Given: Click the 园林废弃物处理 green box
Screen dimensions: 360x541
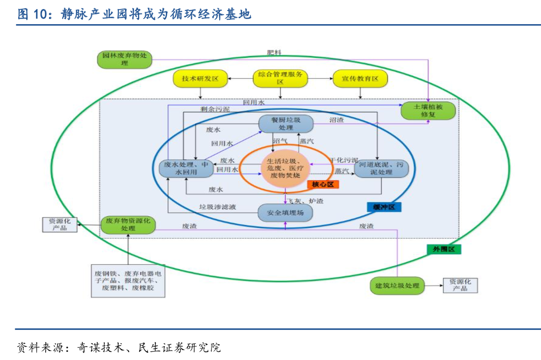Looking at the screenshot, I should click(x=124, y=59).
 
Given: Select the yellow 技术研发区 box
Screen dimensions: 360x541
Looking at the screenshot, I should click(x=200, y=79).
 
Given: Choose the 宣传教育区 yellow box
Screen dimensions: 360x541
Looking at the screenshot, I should click(x=360, y=79).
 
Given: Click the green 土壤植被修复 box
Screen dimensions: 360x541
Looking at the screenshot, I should click(x=428, y=111).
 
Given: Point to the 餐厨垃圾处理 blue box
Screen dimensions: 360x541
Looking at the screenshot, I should click(x=286, y=124).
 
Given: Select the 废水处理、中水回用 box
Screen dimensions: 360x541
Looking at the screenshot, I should click(x=186, y=168).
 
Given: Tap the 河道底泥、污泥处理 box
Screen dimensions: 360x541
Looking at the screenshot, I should click(x=381, y=168).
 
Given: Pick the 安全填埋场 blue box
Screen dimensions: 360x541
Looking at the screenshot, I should click(x=285, y=213).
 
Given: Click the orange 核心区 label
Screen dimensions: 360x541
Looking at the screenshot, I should click(x=323, y=184).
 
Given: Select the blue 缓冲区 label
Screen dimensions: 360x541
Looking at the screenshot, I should click(x=384, y=207).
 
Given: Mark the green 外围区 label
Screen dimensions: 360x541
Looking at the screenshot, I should click(x=444, y=249).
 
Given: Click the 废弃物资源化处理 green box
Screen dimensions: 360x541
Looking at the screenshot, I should click(x=127, y=224).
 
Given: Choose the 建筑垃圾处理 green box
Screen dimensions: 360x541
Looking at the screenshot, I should click(x=397, y=286).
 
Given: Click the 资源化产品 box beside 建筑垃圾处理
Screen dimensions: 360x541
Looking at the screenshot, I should click(x=460, y=285).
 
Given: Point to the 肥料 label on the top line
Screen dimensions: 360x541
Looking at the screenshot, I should click(x=274, y=53).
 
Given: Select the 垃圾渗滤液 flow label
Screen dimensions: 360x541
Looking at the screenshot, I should click(x=218, y=207).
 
